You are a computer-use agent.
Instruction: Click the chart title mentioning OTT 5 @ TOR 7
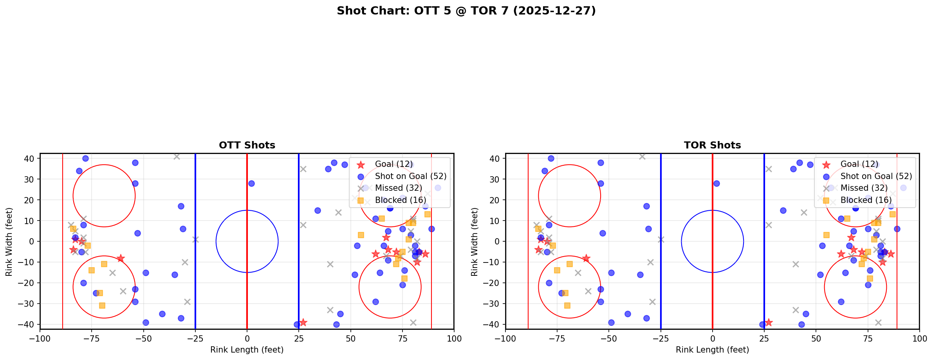[x=466, y=11]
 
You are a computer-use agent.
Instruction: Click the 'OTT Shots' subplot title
[x=247, y=145]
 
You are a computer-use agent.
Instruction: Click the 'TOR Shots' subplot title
[x=712, y=145]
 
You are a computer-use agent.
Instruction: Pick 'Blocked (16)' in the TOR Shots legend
[x=866, y=200]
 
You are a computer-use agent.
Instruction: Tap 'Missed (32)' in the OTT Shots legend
[x=398, y=188]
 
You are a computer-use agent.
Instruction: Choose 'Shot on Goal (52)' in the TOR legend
[x=876, y=176]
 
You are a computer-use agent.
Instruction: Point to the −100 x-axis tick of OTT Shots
[x=40, y=338]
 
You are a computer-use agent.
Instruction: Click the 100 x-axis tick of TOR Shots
[x=919, y=338]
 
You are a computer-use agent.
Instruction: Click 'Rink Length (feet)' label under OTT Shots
[x=247, y=350]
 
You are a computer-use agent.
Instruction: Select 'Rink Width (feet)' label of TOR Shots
[x=474, y=242]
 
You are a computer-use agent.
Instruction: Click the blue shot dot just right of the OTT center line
[x=251, y=183]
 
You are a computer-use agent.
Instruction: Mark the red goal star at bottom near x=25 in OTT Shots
[x=303, y=322]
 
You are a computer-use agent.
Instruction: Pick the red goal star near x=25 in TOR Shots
[x=768, y=322]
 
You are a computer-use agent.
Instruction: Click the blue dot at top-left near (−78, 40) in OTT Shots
[x=85, y=159]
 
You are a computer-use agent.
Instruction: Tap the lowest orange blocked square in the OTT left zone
[x=102, y=306]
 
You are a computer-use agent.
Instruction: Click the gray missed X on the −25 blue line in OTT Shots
[x=195, y=239]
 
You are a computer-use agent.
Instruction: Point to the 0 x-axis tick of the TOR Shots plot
[x=712, y=338]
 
